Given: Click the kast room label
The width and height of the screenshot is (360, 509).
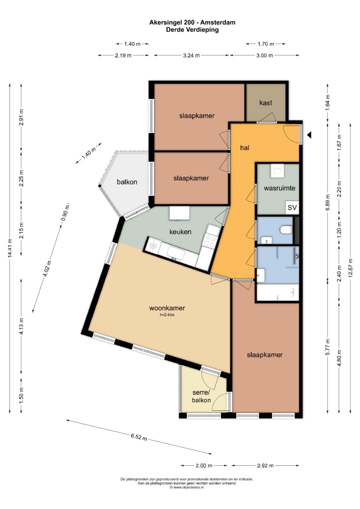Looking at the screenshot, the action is pyautogui.click(x=265, y=103).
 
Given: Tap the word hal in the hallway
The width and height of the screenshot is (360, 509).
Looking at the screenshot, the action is pyautogui.click(x=245, y=148).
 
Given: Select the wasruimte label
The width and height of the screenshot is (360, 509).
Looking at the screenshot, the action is pyautogui.click(x=280, y=188).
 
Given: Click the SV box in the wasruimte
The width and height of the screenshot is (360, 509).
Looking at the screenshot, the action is pyautogui.click(x=292, y=207).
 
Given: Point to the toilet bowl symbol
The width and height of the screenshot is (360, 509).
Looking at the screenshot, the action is pyautogui.click(x=286, y=229).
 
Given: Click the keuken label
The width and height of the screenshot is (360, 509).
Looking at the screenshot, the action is pyautogui.click(x=180, y=232).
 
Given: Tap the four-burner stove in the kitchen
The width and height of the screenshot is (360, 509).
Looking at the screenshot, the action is pyautogui.click(x=210, y=240).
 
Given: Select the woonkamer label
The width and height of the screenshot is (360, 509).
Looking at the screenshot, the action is pyautogui.click(x=167, y=308).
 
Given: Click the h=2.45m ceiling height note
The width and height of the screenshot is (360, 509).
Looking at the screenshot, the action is pyautogui.click(x=167, y=315).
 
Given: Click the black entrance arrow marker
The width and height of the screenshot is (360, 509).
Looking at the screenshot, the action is pyautogui.click(x=309, y=135).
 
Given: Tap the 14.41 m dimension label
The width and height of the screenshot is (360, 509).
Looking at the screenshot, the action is pyautogui.click(x=10, y=248).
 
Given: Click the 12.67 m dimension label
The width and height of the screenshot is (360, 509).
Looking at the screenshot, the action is pyautogui.click(x=350, y=268).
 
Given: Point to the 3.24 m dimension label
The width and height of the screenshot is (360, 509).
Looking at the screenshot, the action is pyautogui.click(x=191, y=55).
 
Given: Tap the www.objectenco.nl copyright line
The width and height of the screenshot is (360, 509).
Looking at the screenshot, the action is pyautogui.click(x=187, y=487).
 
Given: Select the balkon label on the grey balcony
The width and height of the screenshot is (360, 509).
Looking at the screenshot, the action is pyautogui.click(x=127, y=182).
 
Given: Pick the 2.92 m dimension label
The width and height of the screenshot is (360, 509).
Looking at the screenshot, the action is pyautogui.click(x=265, y=466).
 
